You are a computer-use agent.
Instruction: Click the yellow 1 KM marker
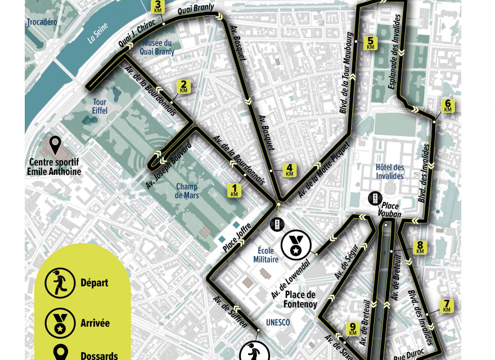coord(235,190)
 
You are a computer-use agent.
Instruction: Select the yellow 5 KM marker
coord(370,43)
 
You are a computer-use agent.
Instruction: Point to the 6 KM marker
coord(448,106)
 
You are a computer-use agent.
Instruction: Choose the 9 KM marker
coord(353,329)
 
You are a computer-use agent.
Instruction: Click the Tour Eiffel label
coord(100,106)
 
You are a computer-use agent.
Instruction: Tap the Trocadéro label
coord(42,22)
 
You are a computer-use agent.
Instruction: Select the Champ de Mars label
coord(187,191)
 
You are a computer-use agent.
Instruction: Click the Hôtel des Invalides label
coord(390,172)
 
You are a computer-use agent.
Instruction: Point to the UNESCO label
coord(278,322)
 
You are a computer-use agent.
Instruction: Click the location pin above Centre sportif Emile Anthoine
coord(55,146)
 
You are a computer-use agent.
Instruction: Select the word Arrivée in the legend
coord(95,323)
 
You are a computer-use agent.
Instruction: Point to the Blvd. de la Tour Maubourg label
coord(347,73)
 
